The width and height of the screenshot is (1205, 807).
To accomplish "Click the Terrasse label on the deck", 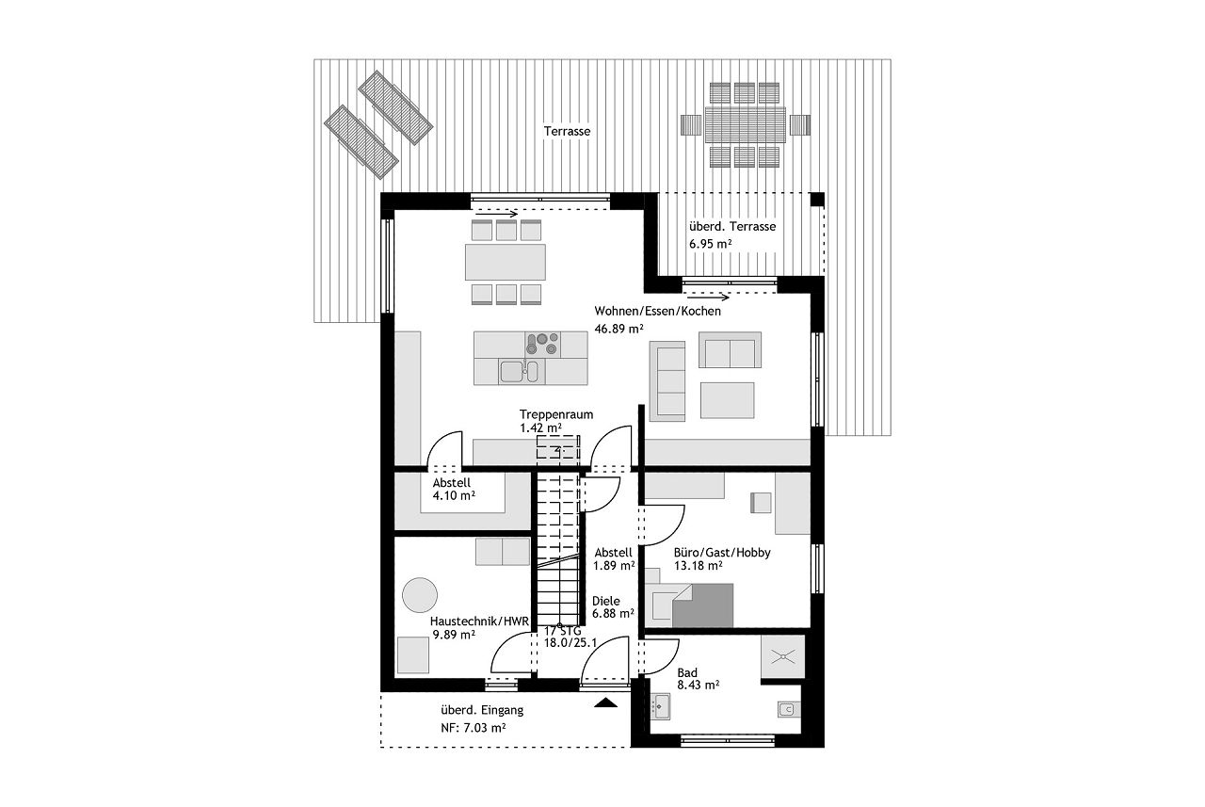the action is pos(567,131).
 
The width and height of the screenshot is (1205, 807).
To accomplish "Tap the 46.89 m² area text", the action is pos(619,329).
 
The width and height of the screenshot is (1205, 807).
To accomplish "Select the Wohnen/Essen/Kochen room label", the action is pos(657,311).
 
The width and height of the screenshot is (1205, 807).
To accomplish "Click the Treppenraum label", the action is pos(556,414).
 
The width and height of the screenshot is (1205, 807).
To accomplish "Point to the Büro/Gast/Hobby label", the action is pos(722,553).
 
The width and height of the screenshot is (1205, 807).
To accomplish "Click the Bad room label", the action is pos(687,672).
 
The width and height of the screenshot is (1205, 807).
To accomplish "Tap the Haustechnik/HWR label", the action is pos(479,621).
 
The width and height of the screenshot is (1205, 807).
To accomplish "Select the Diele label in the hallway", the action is pos(605,601).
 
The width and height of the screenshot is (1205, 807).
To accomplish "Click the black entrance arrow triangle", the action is pos(605,702).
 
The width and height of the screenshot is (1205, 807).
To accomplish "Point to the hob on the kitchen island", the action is pos(542,345).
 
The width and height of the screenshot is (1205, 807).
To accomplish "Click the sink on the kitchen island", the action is pos(518,371).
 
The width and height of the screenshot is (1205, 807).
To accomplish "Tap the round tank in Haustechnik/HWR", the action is pos(420,595).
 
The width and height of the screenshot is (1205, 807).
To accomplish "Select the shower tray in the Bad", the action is pos(782,656).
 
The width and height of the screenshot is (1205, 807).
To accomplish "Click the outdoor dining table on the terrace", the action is pos(745,125).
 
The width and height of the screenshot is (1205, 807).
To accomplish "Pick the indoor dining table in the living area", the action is pos(506,262).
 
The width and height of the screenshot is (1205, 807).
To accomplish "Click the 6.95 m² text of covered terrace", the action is pos(710,244).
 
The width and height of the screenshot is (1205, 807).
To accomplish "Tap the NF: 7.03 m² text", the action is pos(473,728).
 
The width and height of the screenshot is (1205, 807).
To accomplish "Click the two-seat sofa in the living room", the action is pos(730,349).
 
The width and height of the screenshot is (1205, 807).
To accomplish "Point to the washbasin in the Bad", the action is pos(660,706).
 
